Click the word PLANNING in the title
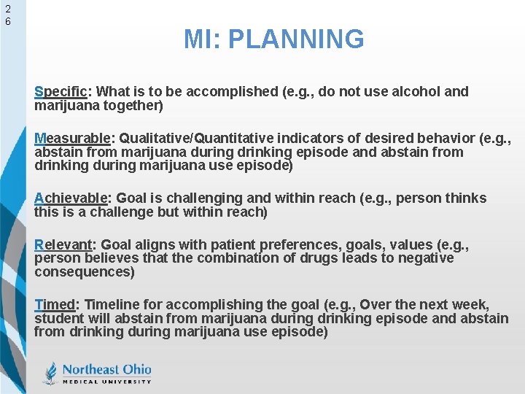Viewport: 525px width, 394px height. coord(295,39)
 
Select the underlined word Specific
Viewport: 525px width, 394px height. coord(61,92)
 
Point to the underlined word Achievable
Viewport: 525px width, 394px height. coord(71,198)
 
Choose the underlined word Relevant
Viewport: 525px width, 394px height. coord(66,244)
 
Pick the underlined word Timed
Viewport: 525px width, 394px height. coord(55,304)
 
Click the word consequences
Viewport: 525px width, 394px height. coord(83,271)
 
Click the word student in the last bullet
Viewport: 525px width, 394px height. coord(58,318)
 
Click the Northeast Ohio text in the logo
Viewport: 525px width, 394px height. coord(106,368)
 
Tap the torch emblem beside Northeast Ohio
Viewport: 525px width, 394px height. coord(50,373)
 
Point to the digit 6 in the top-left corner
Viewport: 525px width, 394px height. coord(7,22)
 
